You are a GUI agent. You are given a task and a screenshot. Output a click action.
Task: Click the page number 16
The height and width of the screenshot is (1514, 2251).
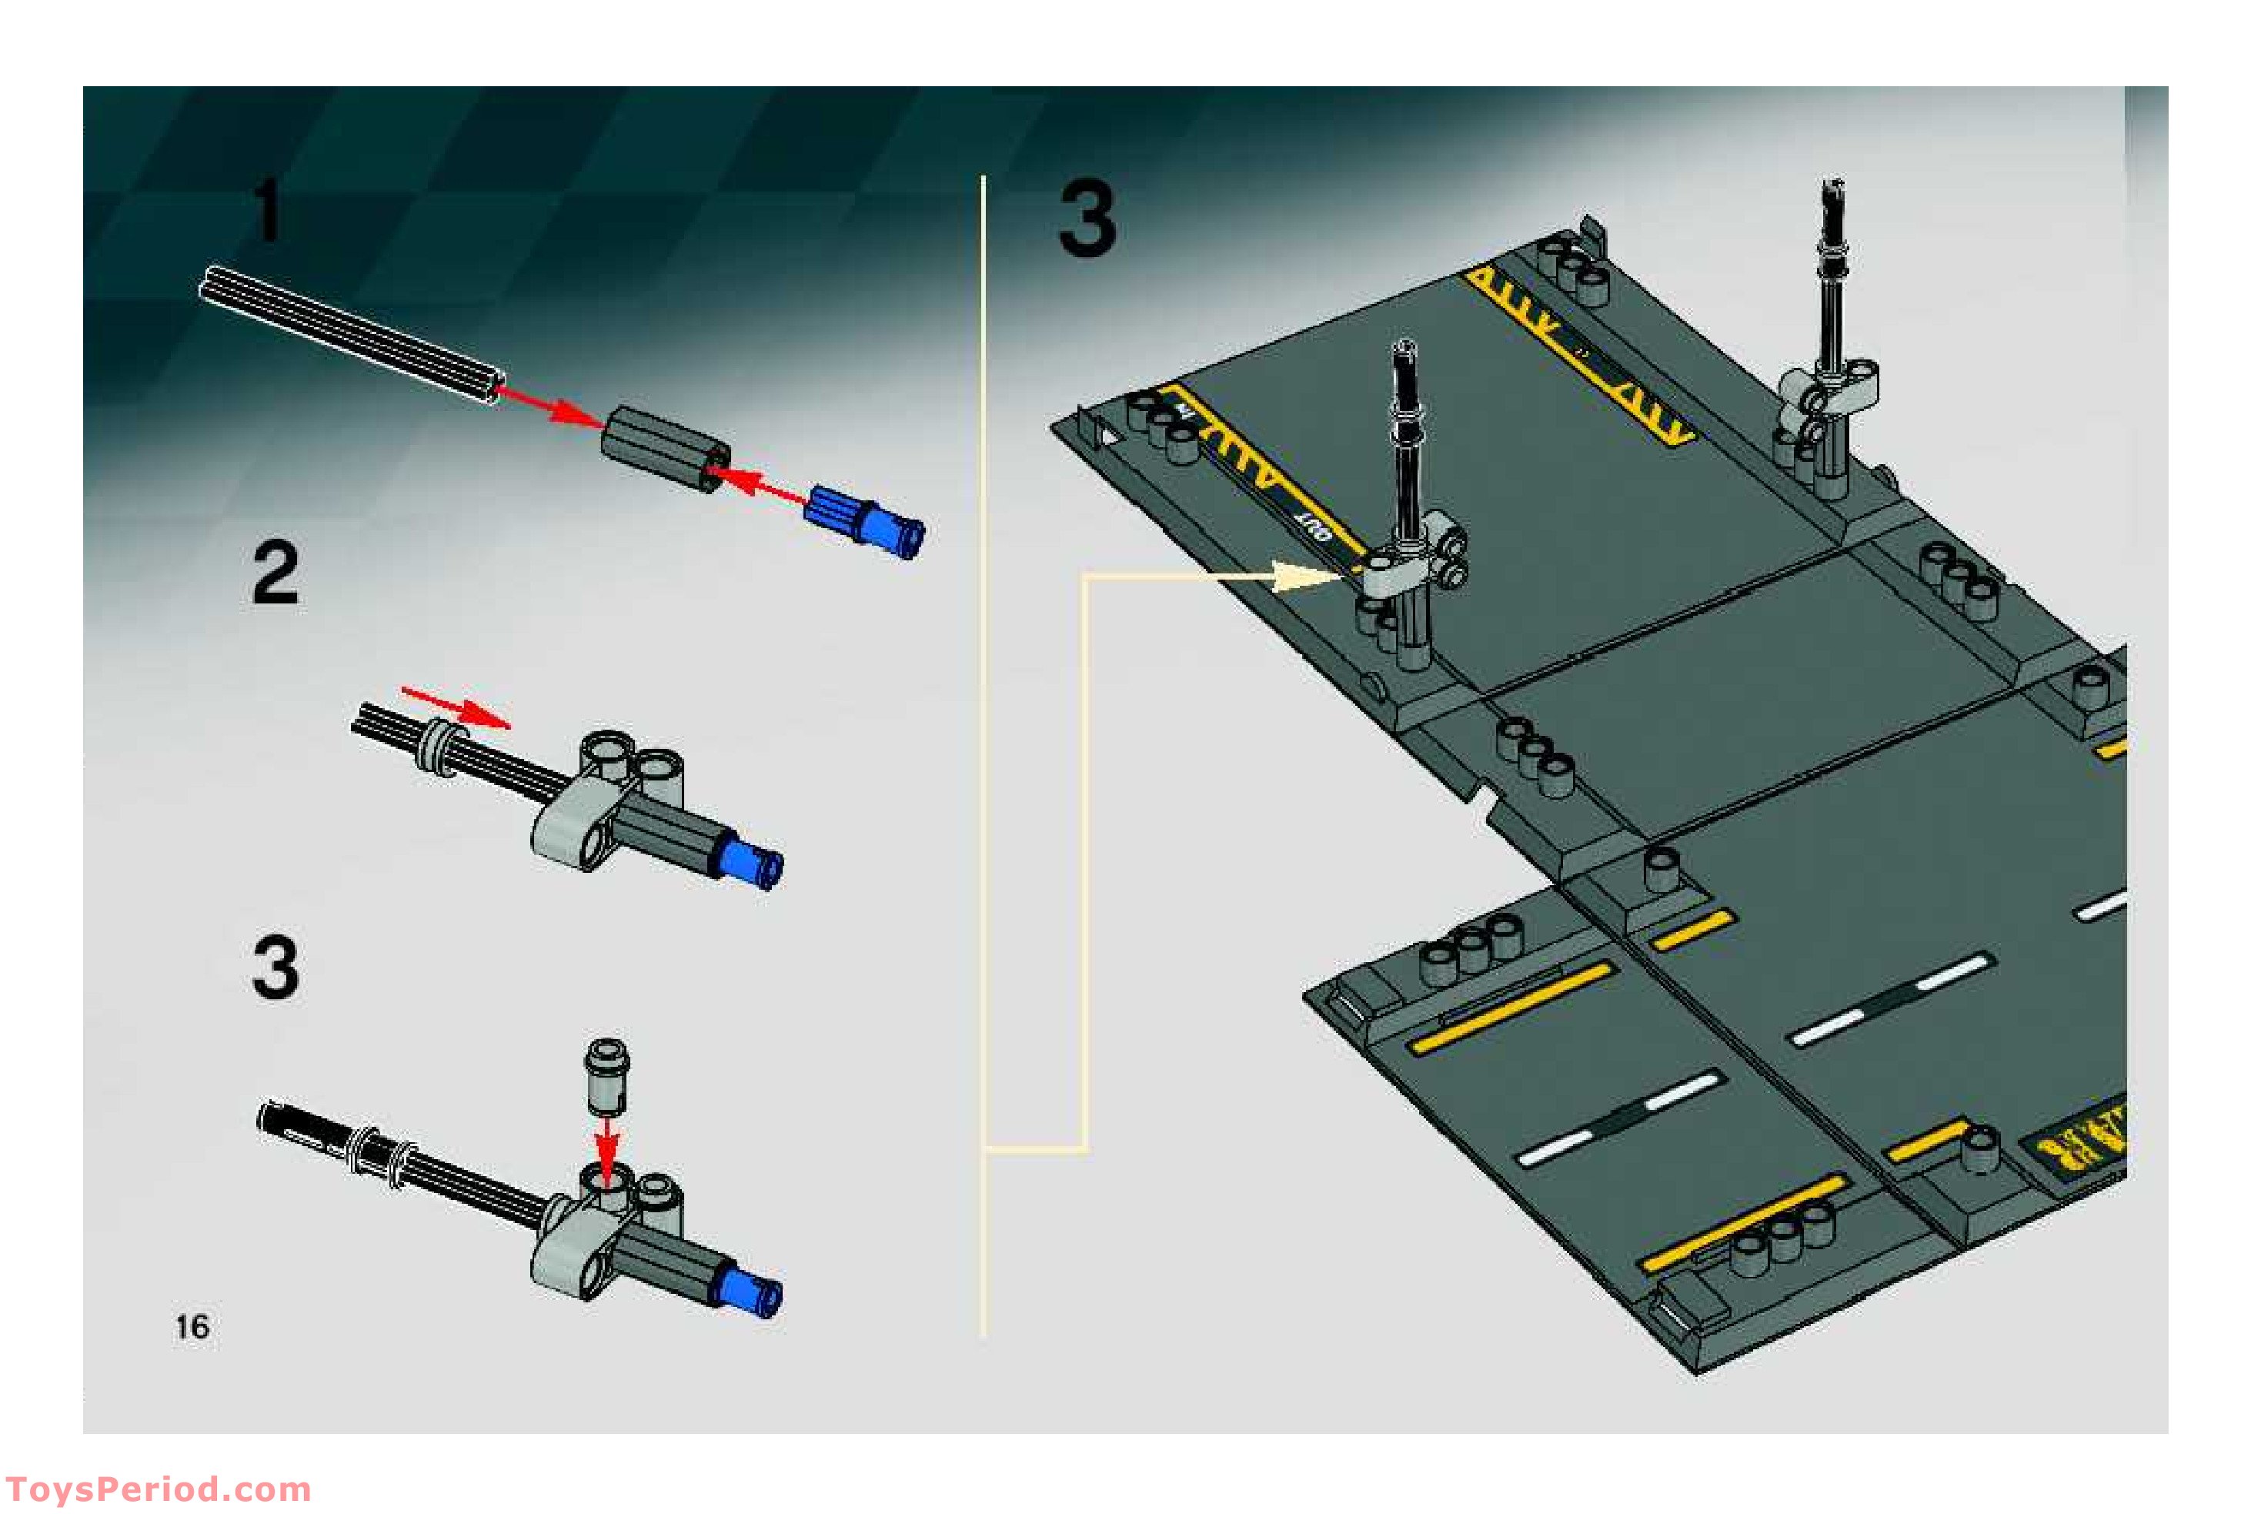[192, 1327]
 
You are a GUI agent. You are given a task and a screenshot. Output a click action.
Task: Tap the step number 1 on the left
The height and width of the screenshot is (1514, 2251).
[267, 210]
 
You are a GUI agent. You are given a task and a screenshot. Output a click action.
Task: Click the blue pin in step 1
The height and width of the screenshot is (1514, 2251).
[866, 520]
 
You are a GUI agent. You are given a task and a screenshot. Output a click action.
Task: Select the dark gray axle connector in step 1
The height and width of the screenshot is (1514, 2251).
[666, 448]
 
